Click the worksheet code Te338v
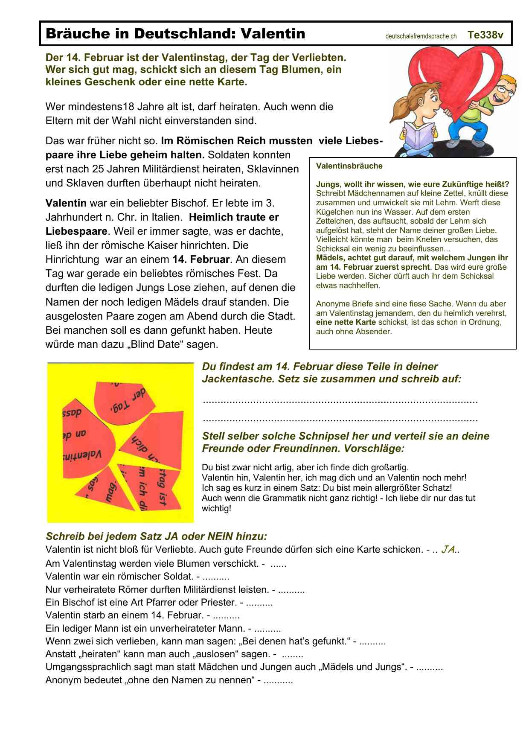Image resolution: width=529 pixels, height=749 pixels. click(x=485, y=35)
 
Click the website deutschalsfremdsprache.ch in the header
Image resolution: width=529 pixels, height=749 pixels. click(x=421, y=36)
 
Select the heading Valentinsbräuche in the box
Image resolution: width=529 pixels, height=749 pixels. click(x=349, y=166)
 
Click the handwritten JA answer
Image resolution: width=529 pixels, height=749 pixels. click(x=448, y=549)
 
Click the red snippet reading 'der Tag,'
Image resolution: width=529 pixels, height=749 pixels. click(x=124, y=401)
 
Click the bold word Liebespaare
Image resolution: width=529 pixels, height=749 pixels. click(x=76, y=231)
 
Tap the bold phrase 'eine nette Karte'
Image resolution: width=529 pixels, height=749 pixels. click(x=346, y=322)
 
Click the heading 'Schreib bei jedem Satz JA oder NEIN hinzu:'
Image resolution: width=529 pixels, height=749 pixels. click(x=156, y=536)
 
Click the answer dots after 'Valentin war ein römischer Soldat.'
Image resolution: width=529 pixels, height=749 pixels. click(x=216, y=577)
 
